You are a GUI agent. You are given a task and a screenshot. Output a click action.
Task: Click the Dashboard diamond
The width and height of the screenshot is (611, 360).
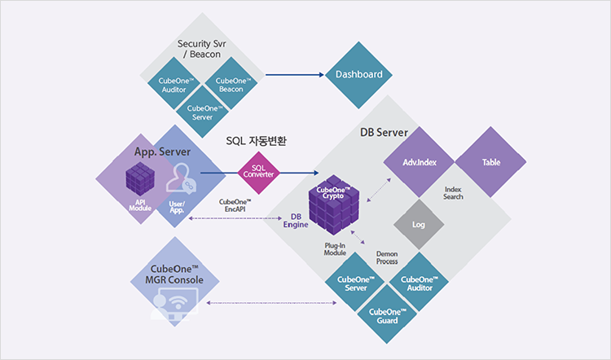[359, 75]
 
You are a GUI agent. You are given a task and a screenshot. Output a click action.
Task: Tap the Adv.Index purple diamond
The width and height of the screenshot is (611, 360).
[420, 162]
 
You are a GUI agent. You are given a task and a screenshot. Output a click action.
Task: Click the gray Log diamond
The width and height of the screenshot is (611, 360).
[419, 222]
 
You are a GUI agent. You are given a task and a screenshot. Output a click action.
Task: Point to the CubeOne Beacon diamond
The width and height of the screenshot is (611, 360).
[230, 84]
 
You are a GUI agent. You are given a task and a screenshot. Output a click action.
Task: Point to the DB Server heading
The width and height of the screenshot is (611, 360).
[384, 132]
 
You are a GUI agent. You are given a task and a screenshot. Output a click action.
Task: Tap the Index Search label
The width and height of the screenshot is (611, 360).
[453, 193]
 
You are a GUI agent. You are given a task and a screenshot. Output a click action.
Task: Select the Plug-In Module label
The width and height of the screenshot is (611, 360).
[335, 248]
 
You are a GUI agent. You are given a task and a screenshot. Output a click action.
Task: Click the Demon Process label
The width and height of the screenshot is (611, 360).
[387, 258]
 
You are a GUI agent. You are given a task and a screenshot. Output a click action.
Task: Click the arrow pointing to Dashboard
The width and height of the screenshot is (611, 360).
[293, 76]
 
